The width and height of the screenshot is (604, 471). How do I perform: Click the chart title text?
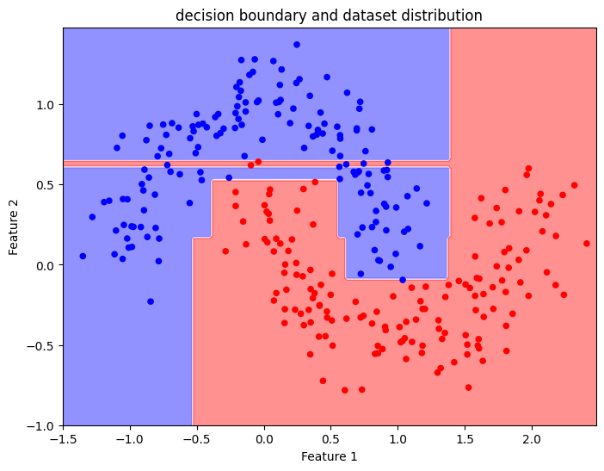(328, 15)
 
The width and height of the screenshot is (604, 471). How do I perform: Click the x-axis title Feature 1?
(329, 456)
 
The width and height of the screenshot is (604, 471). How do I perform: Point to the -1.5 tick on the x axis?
(63, 439)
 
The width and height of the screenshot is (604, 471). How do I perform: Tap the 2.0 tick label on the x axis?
(532, 439)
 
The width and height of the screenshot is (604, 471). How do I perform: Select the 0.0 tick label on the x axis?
(264, 439)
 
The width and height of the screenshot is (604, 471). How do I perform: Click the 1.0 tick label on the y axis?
(44, 104)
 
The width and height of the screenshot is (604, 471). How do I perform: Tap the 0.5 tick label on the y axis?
(44, 184)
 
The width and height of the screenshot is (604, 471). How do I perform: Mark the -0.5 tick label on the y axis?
(40, 345)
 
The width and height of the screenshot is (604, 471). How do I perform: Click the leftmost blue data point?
(83, 256)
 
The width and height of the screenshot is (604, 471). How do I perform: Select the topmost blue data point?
(297, 44)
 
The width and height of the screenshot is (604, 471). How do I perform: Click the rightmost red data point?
(586, 243)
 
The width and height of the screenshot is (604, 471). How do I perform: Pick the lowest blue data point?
(151, 301)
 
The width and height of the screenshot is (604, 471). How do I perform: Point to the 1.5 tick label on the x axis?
(465, 439)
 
